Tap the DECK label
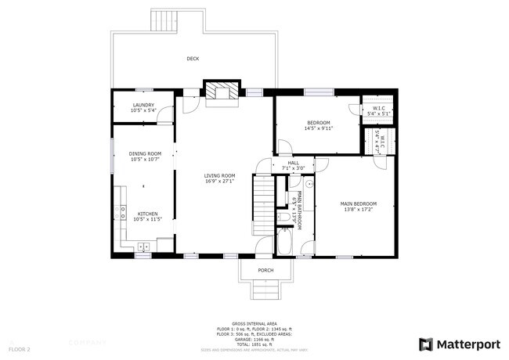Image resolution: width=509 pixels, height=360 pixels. [x=192, y=59]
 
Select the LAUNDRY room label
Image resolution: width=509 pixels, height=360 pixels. [x=143, y=105]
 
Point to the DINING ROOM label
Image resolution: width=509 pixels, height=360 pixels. [x=145, y=153]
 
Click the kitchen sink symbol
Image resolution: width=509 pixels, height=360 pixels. [x=143, y=247]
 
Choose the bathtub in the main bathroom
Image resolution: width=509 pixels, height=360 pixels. [x=284, y=243]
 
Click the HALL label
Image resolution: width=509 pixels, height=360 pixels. [x=293, y=162]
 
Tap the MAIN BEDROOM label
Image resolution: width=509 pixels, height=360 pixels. [x=359, y=203]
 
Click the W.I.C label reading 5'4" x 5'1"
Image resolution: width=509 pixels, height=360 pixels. [x=378, y=113]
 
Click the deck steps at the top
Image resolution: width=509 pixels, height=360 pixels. [x=165, y=20]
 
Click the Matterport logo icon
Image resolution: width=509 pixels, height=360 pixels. [x=426, y=344]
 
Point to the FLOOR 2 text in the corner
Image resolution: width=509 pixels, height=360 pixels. [x=20, y=348]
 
